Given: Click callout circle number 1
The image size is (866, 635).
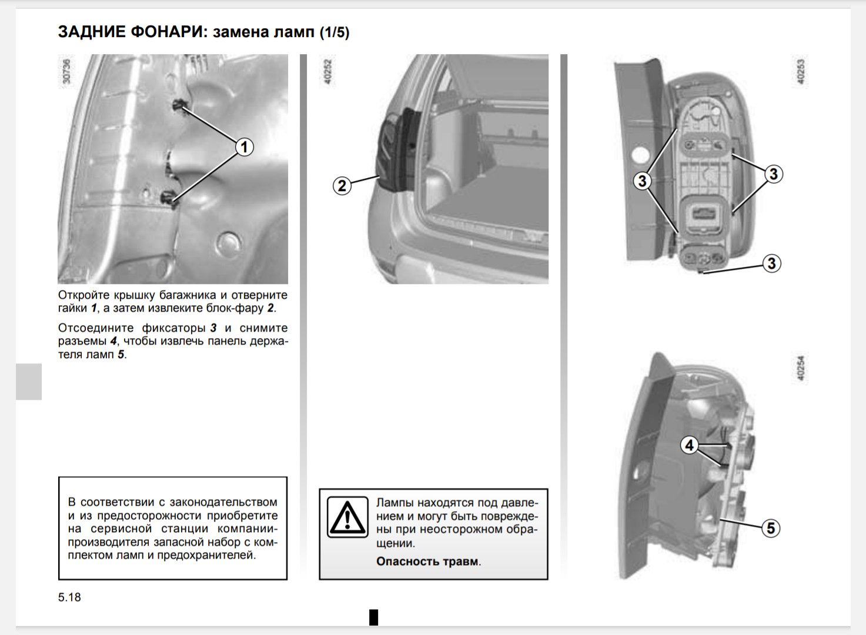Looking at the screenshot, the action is tap(245, 146).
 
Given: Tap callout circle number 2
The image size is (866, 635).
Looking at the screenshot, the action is tap(342, 186).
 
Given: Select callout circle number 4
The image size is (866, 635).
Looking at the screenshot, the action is tap(690, 445).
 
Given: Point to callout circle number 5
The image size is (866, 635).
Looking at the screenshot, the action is tap(771, 528).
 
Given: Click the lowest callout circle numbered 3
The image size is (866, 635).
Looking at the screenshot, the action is tap(772, 263).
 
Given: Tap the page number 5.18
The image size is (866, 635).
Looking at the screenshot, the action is tap(69, 597).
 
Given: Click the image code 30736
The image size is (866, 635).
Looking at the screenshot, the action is tap(66, 71).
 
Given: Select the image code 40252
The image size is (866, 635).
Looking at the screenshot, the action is tap(328, 71).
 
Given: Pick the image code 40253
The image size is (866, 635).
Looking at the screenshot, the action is tap(800, 71).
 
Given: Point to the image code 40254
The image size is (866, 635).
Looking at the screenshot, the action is tap(800, 367).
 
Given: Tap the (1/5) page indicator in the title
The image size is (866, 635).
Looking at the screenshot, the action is tap(335, 32).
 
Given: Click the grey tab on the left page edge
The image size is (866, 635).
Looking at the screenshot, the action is tap(29, 382).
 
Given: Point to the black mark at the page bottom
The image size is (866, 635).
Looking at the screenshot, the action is tap(373, 617).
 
